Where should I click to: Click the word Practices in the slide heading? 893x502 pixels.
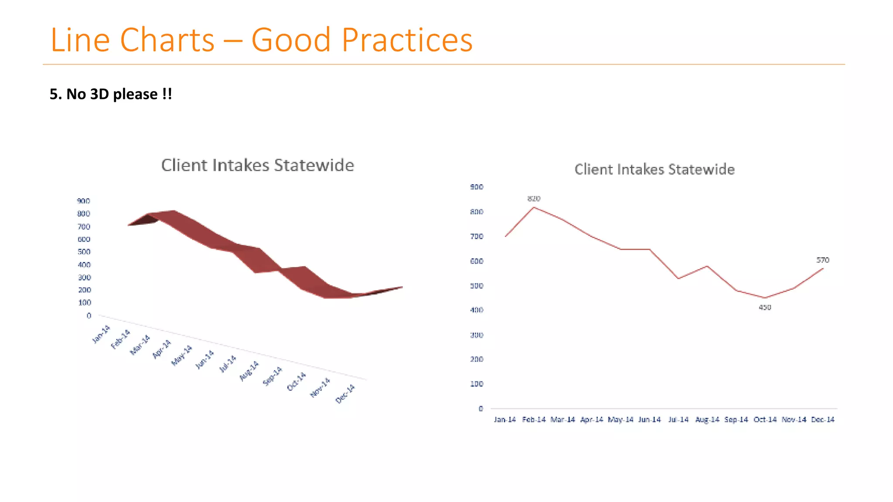pyautogui.click(x=407, y=40)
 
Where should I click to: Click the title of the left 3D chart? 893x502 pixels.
pyautogui.click(x=257, y=165)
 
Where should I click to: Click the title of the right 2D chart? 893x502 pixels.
pyautogui.click(x=654, y=169)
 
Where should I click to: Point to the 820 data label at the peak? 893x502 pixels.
pyautogui.click(x=534, y=199)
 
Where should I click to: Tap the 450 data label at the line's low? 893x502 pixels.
pyautogui.click(x=765, y=308)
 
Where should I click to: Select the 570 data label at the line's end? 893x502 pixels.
pyautogui.click(x=822, y=260)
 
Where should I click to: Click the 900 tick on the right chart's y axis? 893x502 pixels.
pyautogui.click(x=477, y=187)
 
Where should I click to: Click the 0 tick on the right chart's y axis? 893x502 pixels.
pyautogui.click(x=481, y=409)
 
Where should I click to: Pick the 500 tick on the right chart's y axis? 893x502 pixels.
pyautogui.click(x=477, y=286)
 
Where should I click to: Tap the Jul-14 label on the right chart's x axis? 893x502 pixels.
pyautogui.click(x=678, y=420)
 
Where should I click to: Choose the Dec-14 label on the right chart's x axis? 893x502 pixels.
pyautogui.click(x=822, y=420)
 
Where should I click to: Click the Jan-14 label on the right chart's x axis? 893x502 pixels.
pyautogui.click(x=504, y=420)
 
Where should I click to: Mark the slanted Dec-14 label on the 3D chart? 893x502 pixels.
pyautogui.click(x=345, y=394)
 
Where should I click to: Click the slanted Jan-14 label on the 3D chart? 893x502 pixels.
pyautogui.click(x=101, y=334)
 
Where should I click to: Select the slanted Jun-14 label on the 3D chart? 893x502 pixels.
pyautogui.click(x=205, y=360)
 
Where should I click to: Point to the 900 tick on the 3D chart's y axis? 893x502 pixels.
pyautogui.click(x=83, y=201)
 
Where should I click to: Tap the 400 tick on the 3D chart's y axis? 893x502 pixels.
pyautogui.click(x=84, y=265)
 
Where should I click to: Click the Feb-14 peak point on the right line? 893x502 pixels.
pyautogui.click(x=534, y=207)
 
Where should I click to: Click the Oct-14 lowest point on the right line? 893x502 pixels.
pyautogui.click(x=765, y=298)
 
